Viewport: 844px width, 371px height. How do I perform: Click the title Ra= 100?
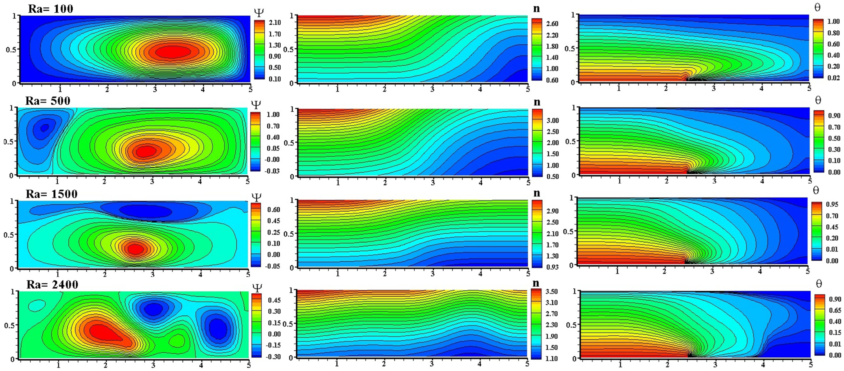point(51,9)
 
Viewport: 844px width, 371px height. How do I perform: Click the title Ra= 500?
point(48,101)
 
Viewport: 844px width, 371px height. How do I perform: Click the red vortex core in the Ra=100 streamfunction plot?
point(173,51)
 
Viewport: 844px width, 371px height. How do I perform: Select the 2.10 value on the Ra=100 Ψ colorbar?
point(274,22)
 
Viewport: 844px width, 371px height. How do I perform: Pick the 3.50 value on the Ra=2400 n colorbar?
point(551,291)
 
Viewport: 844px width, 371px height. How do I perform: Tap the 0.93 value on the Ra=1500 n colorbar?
point(552,267)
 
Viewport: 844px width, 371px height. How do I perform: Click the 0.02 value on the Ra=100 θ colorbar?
point(833,78)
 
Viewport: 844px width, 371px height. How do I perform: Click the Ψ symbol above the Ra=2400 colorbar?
point(257,288)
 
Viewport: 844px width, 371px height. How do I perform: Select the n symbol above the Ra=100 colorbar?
point(536,9)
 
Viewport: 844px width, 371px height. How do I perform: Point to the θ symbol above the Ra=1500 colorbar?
point(816,190)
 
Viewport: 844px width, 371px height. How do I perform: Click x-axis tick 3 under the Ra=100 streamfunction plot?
point(155,89)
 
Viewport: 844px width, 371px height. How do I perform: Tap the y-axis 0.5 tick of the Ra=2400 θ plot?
point(571,325)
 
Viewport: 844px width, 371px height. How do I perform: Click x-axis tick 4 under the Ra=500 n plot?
point(480,183)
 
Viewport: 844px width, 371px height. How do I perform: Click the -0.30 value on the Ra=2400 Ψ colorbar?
point(274,357)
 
